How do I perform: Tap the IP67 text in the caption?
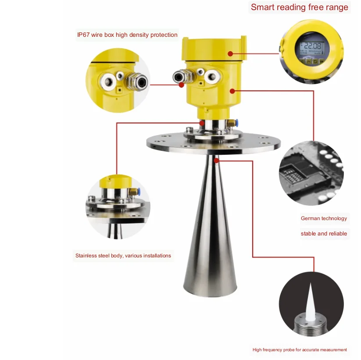[82, 35]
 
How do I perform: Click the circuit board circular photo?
[311, 173]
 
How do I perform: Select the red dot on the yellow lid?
[230, 53]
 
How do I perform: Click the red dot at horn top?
[216, 160]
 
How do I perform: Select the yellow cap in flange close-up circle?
[115, 181]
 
